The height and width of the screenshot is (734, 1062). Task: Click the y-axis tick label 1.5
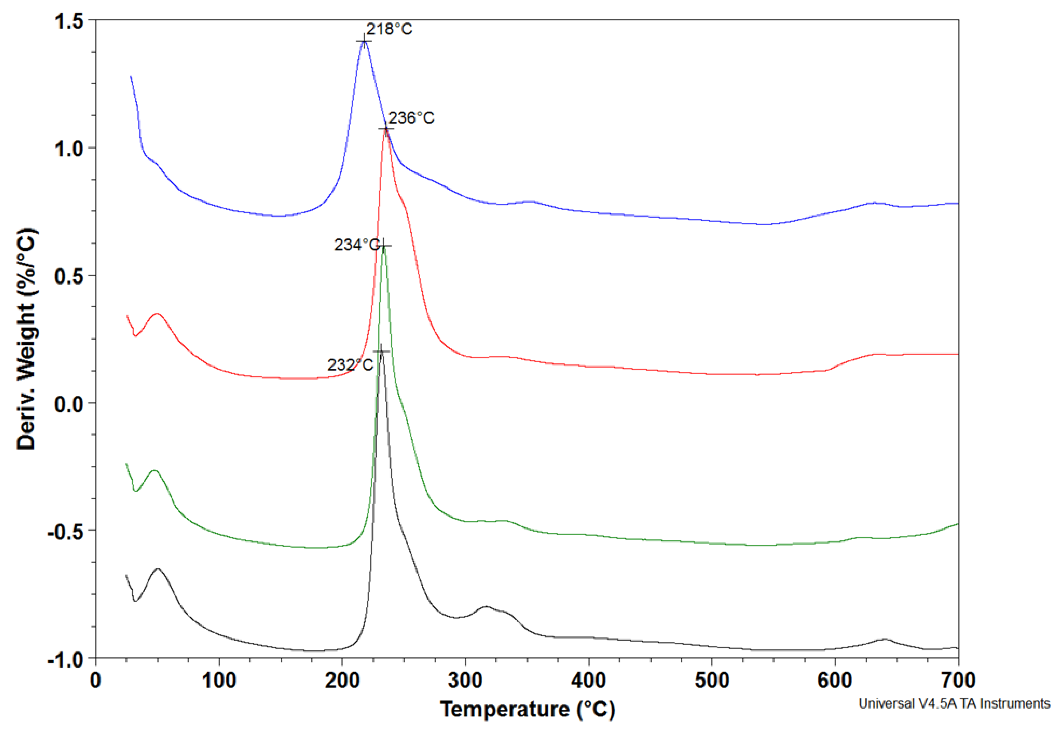point(69,21)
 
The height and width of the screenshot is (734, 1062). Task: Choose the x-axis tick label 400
point(588,680)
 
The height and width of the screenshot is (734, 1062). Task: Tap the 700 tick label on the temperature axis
point(958,680)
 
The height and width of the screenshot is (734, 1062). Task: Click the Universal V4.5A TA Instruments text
point(954,703)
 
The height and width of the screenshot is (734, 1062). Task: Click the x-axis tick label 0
point(96,680)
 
